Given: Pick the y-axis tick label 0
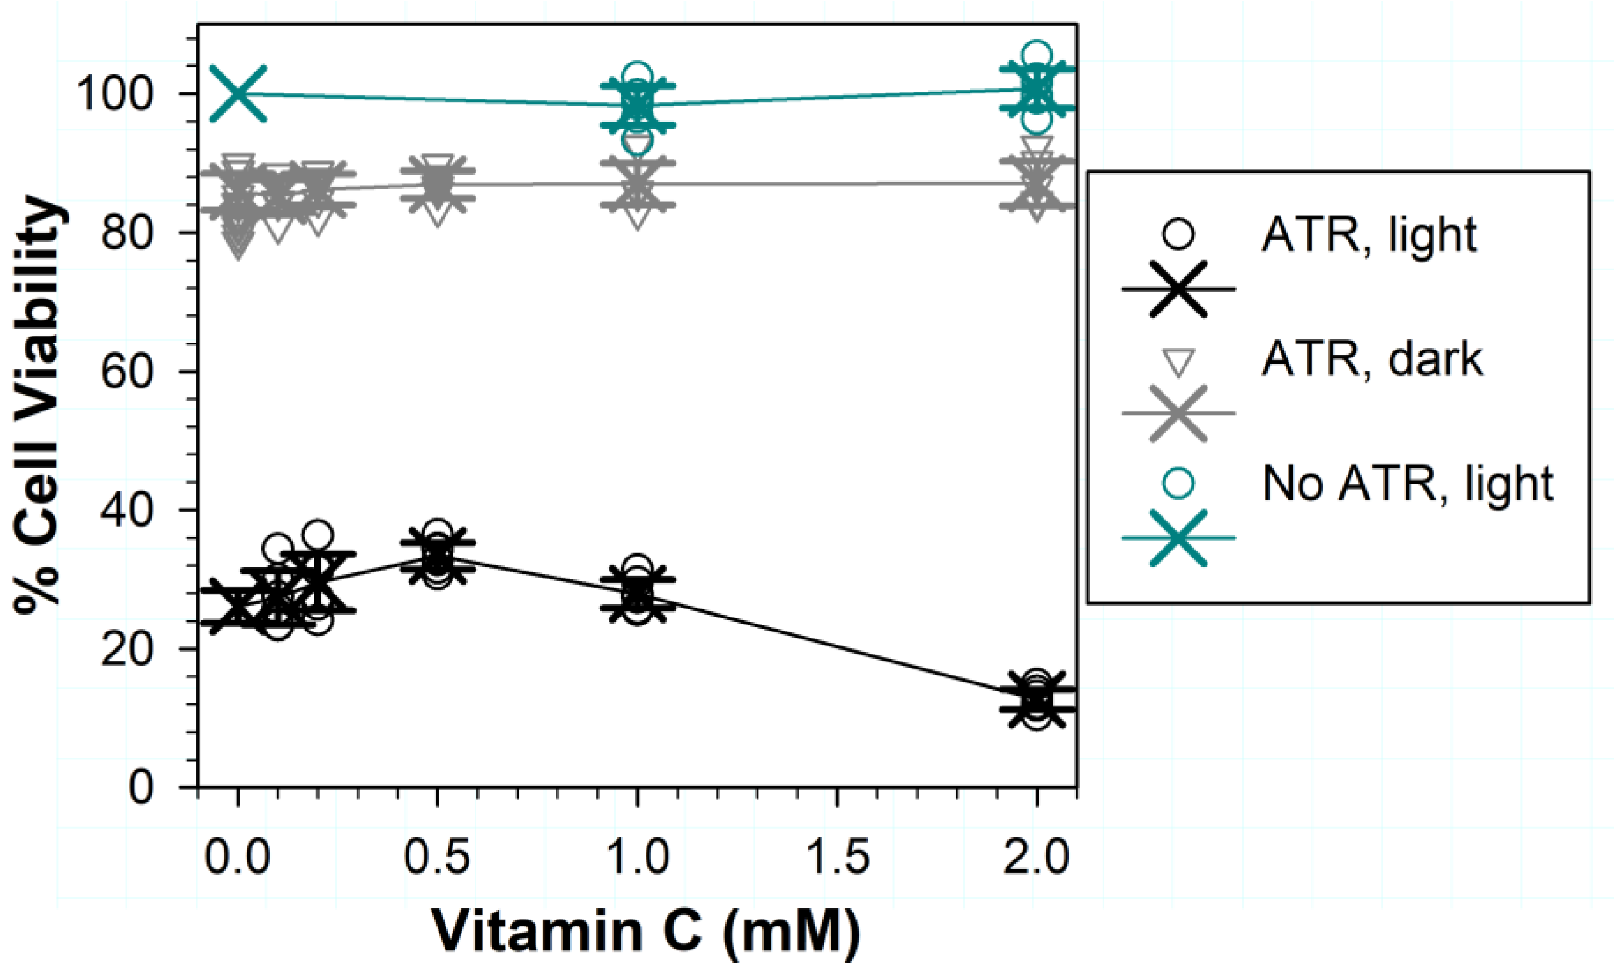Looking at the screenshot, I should pos(141,788).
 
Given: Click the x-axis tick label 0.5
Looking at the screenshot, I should pos(437,857).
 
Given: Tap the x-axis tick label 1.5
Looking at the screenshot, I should pos(838,857).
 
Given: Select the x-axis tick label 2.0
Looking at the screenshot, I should pos(1036,857).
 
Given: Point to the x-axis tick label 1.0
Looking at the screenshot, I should pos(637,857).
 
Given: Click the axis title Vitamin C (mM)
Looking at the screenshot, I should pos(646,932).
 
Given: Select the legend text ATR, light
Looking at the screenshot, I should pos(1369,235).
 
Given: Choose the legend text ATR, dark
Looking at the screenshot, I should pos(1372,360).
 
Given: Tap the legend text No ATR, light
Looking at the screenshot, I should pos(1407,484).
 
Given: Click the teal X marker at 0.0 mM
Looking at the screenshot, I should pos(238,93).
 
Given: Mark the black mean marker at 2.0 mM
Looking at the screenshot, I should pos(1036,699).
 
